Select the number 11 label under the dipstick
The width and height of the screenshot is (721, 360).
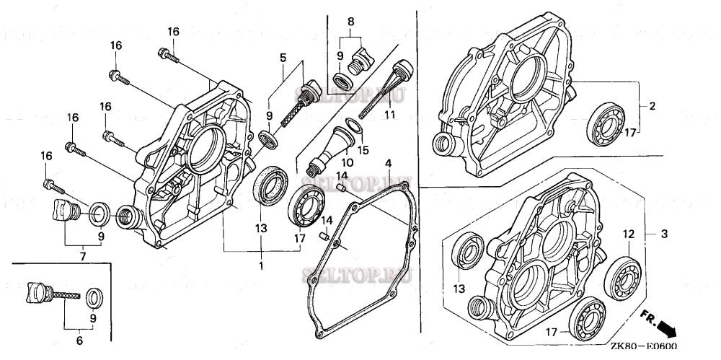(x=390, y=115)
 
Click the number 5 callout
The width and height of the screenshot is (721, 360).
(x=283, y=57)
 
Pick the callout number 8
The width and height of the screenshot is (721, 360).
(x=351, y=21)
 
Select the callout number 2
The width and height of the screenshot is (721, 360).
(x=652, y=106)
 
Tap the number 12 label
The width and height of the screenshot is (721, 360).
(x=628, y=234)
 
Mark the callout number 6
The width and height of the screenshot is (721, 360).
(x=79, y=340)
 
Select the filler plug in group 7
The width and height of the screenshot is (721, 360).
(x=64, y=211)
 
